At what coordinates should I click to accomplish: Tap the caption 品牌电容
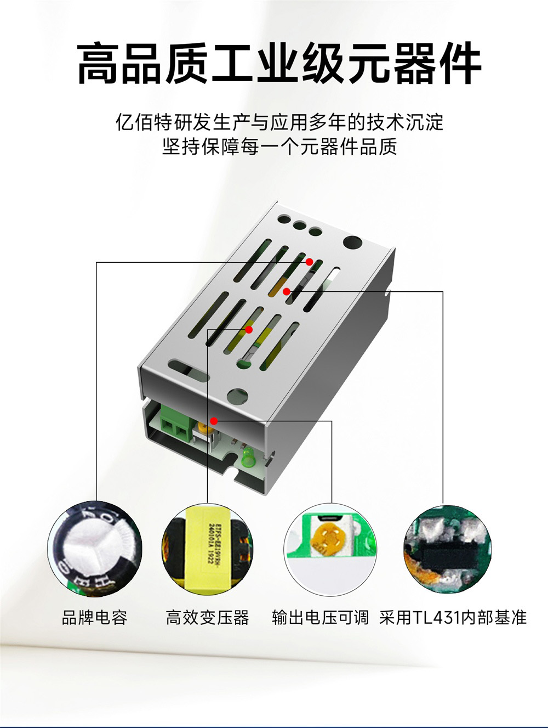[x=94, y=617]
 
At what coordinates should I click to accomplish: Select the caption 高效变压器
[x=207, y=617]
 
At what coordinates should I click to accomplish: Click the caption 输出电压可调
[x=320, y=617]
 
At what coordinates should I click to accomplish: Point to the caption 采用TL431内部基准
[x=453, y=617]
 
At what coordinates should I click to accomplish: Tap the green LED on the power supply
[x=246, y=460]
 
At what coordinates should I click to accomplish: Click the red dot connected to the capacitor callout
[x=309, y=262]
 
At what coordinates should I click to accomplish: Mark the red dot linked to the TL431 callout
[x=286, y=291]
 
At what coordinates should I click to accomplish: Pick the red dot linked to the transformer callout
[x=249, y=330]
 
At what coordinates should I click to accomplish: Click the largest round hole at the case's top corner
[x=352, y=242]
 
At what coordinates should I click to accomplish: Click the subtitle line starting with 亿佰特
[x=279, y=122]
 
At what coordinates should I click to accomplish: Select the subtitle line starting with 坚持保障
[x=279, y=147]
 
